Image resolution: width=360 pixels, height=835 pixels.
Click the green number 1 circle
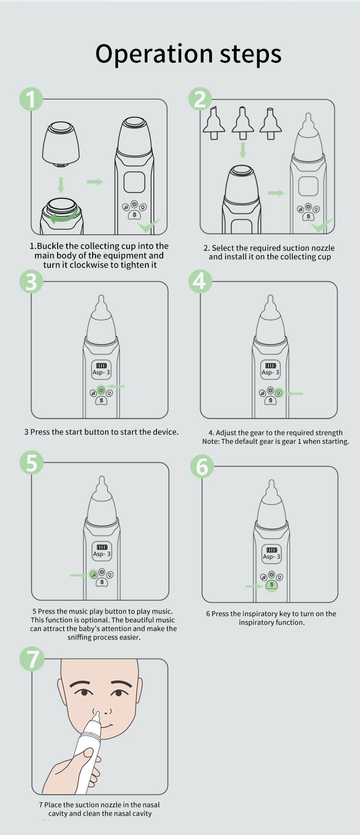tap(31, 99)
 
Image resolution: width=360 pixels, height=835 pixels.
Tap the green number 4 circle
tap(200, 281)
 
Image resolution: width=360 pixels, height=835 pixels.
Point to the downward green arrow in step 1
tap(61, 185)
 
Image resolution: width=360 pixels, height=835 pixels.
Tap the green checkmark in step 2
tap(322, 224)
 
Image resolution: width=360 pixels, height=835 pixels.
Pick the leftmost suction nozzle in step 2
tap(214, 123)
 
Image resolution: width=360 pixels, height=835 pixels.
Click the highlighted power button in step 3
tap(101, 390)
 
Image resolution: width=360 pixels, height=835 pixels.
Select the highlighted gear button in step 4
tap(279, 393)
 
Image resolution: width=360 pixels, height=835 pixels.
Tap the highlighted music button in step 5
tap(94, 575)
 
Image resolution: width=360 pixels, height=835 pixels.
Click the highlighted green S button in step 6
tap(272, 585)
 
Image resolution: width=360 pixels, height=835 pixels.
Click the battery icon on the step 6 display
tap(272, 550)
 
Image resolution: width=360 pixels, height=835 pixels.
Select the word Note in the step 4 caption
tap(211, 441)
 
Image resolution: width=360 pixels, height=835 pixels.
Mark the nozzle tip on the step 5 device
tap(101, 480)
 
